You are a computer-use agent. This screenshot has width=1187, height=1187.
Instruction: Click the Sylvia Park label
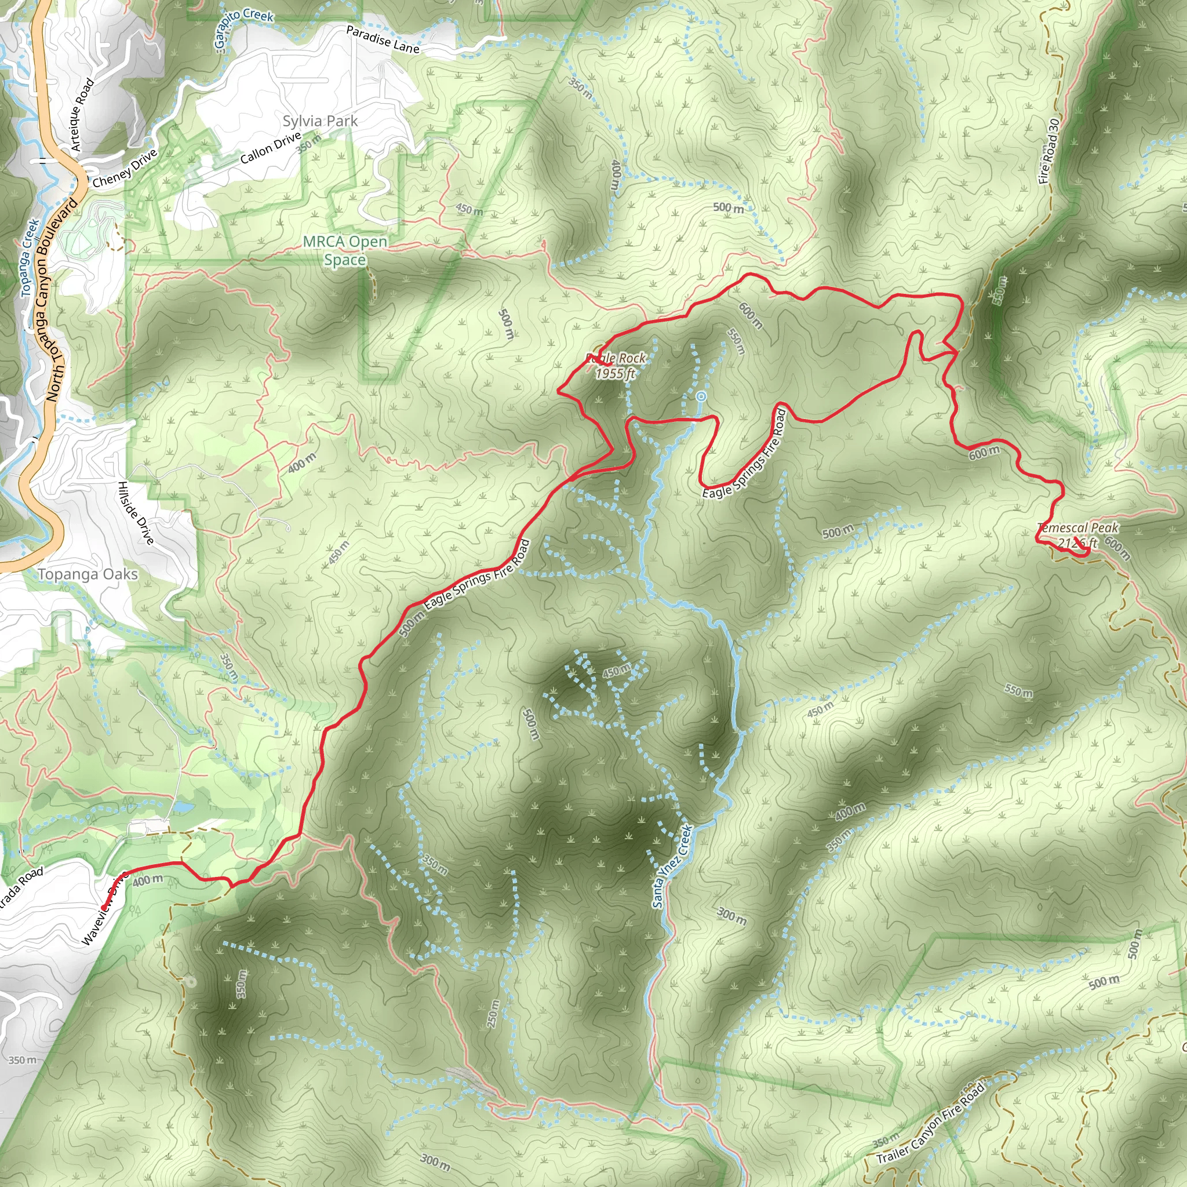(x=319, y=121)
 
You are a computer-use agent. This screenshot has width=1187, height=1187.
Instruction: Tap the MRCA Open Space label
(x=345, y=250)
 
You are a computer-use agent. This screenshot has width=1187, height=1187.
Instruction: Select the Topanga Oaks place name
(x=88, y=574)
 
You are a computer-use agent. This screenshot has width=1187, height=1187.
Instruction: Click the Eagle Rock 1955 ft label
(x=616, y=366)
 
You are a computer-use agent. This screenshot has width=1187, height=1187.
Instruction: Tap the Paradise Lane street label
(x=382, y=39)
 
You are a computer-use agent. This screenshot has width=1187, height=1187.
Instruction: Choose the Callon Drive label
(x=270, y=149)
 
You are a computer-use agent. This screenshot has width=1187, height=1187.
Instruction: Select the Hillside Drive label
(x=136, y=512)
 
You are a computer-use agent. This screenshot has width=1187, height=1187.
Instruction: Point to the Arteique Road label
(x=82, y=114)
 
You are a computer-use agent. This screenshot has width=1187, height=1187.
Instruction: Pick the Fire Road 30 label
(x=1050, y=151)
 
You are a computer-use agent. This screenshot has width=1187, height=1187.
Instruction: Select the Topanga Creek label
(x=30, y=258)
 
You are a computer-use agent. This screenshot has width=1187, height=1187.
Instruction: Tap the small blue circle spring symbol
(x=701, y=397)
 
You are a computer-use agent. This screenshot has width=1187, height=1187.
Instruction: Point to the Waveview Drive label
(x=103, y=910)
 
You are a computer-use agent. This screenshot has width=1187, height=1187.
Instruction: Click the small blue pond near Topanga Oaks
(x=182, y=807)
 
